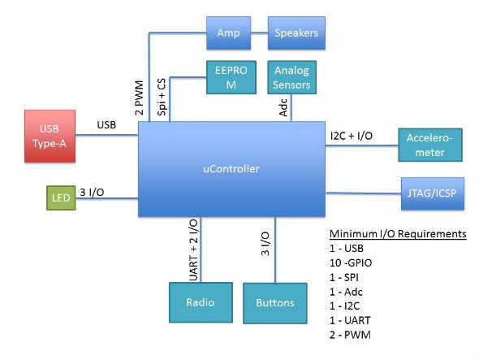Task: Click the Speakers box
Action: tap(296, 33)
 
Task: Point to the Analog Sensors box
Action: tap(291, 77)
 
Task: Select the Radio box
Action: tap(199, 301)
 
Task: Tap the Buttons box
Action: tap(275, 302)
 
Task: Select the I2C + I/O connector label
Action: tap(351, 135)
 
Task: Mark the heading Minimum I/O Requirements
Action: tap(397, 235)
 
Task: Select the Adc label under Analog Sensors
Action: tap(283, 109)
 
